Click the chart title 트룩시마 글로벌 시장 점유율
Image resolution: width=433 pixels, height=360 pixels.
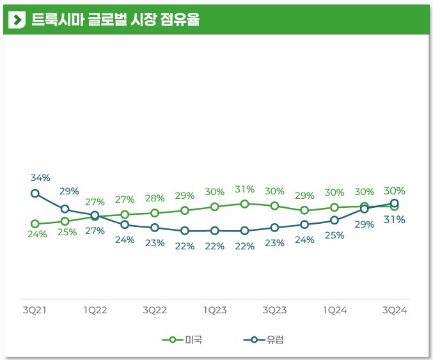[115, 20]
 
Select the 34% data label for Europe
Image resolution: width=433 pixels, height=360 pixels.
[40, 177]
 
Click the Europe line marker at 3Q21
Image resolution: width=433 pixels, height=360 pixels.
[35, 193]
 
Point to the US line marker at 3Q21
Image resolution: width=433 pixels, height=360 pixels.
[35, 224]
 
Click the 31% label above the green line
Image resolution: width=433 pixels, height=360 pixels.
[244, 189]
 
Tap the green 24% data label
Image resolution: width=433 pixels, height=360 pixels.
[37, 234]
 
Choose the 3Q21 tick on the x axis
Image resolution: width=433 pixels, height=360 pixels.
[35, 310]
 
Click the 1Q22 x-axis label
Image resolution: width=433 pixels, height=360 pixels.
[95, 310]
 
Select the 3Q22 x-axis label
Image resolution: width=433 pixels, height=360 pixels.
[155, 310]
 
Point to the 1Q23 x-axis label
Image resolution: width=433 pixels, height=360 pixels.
[215, 310]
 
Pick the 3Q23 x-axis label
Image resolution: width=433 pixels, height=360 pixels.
[274, 310]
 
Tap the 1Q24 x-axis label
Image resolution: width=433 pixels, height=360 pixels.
[335, 310]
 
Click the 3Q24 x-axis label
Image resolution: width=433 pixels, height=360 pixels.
[395, 310]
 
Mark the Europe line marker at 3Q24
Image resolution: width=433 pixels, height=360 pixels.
[395, 203]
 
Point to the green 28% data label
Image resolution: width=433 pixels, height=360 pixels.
[155, 198]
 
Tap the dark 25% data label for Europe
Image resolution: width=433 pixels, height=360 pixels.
[334, 235]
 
